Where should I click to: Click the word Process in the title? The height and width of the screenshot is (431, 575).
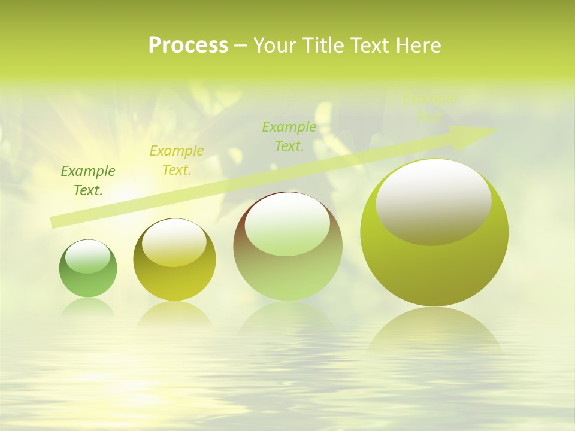click(188, 45)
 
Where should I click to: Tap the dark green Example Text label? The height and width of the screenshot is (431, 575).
click(88, 181)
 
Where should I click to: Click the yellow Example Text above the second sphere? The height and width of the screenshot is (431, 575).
click(177, 160)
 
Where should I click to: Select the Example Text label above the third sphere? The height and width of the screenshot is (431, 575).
click(289, 136)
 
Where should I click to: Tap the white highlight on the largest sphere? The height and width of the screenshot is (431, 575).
click(433, 202)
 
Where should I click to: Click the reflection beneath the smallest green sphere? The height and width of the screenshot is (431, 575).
click(88, 306)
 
